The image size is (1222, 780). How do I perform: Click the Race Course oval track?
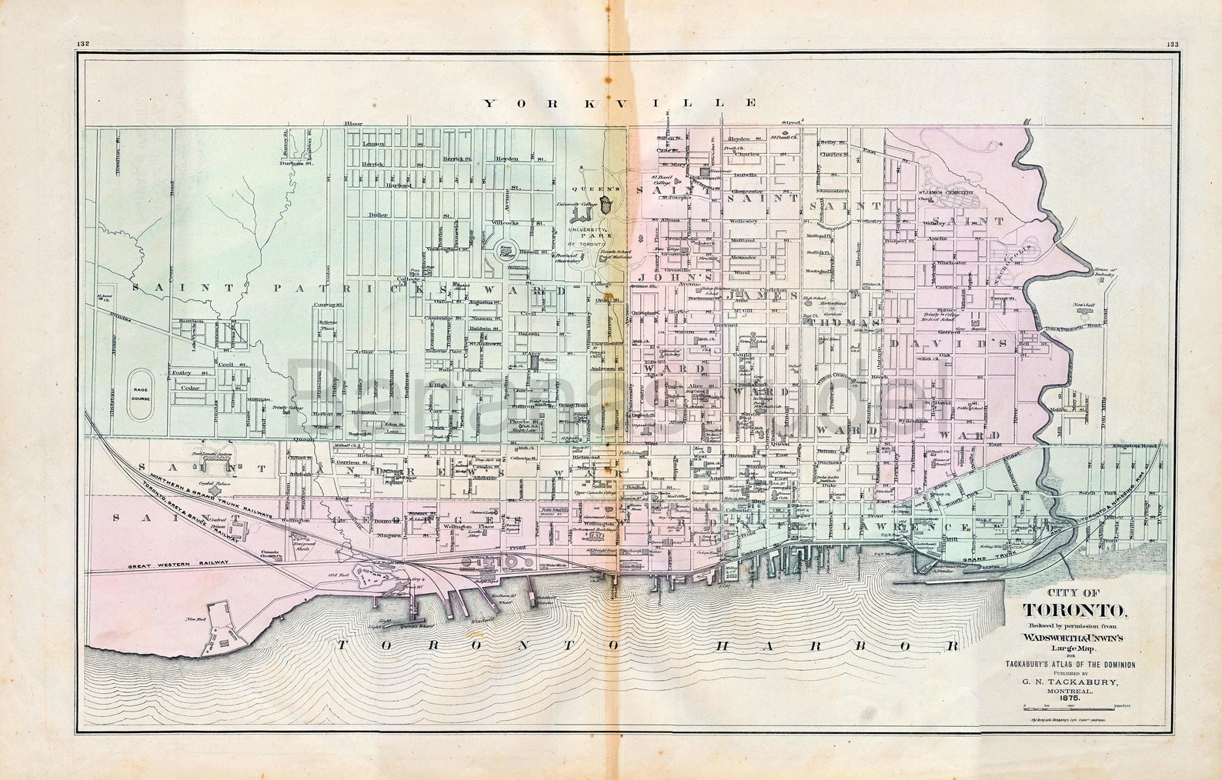140,393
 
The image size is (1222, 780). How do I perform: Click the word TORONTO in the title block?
1075,611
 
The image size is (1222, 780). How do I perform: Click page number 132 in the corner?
83,44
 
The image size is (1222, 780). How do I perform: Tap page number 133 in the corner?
1172,44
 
